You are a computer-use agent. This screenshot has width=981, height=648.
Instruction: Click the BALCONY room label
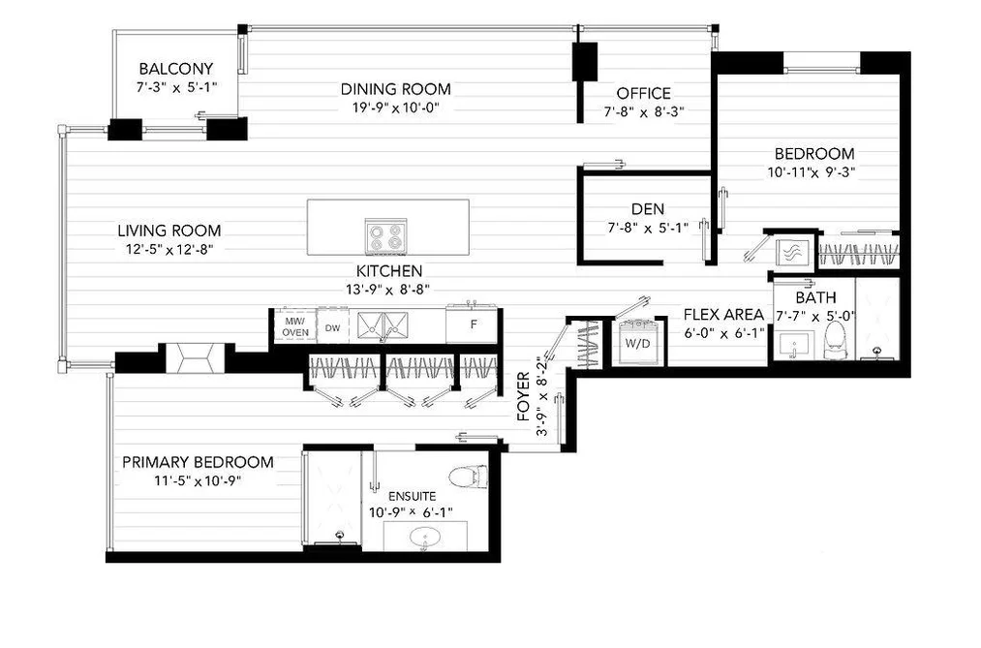[176, 68]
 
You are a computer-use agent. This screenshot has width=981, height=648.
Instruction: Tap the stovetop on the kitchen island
[386, 236]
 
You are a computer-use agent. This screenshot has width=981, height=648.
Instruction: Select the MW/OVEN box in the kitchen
[295, 325]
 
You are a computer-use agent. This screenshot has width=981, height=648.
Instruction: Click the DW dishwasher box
[333, 325]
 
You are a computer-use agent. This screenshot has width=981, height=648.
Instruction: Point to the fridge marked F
[473, 324]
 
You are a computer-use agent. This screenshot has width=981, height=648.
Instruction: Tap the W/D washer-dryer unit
[637, 342]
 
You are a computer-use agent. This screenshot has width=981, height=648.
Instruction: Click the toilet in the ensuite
[469, 477]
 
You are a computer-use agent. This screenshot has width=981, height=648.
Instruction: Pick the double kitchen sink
[383, 325]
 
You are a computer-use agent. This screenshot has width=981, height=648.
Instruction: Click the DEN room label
[648, 209]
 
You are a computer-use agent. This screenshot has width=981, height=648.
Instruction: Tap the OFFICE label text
[644, 93]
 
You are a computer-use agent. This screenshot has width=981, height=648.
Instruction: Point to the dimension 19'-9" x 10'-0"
[395, 108]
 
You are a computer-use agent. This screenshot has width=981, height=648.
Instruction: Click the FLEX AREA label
[723, 315]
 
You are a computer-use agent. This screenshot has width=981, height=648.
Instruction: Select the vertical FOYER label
[524, 396]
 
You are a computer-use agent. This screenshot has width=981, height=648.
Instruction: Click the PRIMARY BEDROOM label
[198, 462]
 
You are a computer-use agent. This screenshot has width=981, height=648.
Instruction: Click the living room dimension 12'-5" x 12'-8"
[169, 250]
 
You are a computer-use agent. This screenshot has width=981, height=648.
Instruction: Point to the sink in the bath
[794, 345]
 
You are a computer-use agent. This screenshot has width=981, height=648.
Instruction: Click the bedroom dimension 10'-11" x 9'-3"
[812, 172]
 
